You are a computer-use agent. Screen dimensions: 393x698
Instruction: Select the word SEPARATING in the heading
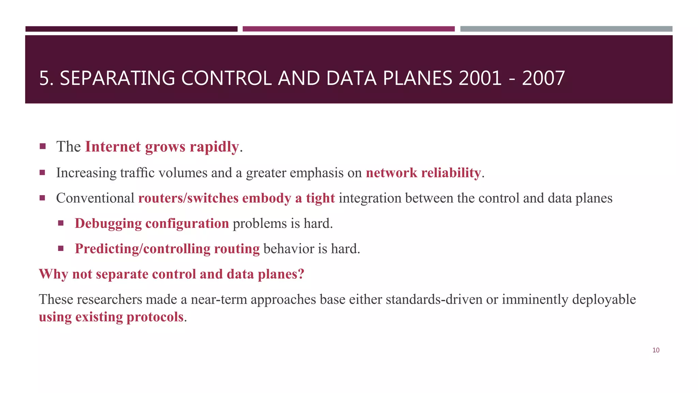[117, 78]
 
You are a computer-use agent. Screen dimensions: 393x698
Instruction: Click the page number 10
[656, 350]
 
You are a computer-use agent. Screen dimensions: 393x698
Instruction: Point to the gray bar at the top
[566, 29]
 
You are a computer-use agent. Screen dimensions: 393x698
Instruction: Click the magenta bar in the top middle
[348, 29]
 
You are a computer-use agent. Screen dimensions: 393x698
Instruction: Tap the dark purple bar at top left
[131, 29]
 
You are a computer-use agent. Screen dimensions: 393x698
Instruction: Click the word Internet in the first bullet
[113, 147]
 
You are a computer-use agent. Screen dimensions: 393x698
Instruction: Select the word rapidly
[214, 147]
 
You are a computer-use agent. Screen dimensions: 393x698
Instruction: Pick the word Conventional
[95, 198]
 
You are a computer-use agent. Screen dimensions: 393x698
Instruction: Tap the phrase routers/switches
[188, 198]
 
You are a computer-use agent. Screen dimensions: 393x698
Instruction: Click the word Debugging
[108, 223]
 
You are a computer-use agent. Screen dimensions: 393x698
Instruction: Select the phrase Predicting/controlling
[142, 249]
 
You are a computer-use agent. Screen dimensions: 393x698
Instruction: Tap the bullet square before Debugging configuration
[61, 223]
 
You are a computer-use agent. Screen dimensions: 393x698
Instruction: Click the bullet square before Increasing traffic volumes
[42, 172]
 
